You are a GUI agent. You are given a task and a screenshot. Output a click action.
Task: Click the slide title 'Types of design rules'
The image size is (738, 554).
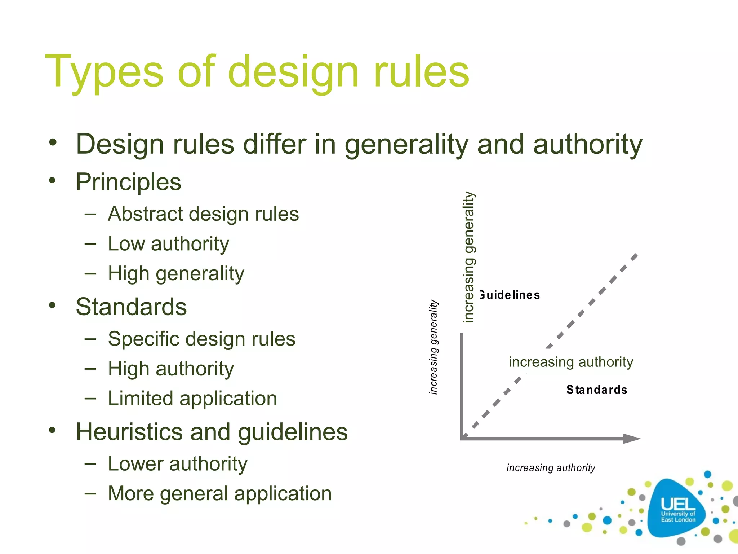tap(257, 71)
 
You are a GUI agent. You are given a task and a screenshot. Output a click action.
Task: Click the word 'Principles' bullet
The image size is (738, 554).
tap(128, 182)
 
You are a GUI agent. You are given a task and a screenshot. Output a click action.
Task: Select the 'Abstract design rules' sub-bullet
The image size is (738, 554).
tap(203, 214)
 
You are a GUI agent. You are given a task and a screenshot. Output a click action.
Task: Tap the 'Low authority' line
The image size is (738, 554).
tap(168, 244)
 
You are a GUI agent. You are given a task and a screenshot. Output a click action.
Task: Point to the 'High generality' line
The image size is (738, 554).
tap(176, 273)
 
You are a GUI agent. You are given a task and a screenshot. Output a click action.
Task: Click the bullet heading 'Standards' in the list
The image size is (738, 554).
tap(131, 307)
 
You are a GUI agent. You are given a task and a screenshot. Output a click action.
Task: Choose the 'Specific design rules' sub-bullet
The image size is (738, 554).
tap(201, 339)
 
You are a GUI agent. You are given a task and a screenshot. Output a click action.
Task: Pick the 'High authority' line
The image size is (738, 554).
tap(171, 369)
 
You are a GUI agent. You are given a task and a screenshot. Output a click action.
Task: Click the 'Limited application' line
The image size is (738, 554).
tap(192, 399)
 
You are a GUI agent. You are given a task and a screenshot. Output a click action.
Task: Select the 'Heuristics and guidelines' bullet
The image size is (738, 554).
tap(212, 432)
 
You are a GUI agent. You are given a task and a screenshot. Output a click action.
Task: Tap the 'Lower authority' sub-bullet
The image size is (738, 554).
tap(178, 463)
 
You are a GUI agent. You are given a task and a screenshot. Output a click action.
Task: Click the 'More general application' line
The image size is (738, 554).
tap(220, 493)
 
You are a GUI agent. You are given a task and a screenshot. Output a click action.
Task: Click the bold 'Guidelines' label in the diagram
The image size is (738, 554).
tap(510, 295)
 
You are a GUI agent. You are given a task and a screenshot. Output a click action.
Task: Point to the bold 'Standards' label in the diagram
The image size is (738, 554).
tap(597, 390)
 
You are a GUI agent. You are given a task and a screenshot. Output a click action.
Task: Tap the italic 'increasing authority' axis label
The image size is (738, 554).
tap(551, 468)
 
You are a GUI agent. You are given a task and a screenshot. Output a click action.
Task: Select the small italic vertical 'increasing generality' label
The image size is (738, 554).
tap(434, 347)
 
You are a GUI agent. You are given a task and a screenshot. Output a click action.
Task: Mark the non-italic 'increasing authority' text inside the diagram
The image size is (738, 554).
tap(571, 362)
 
